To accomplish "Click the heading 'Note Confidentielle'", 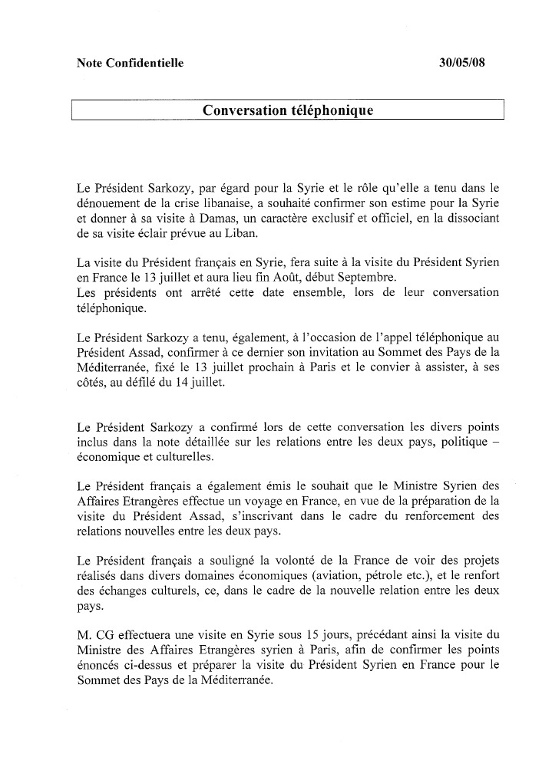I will click(x=131, y=64).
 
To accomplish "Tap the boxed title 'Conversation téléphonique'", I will click(x=288, y=110).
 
